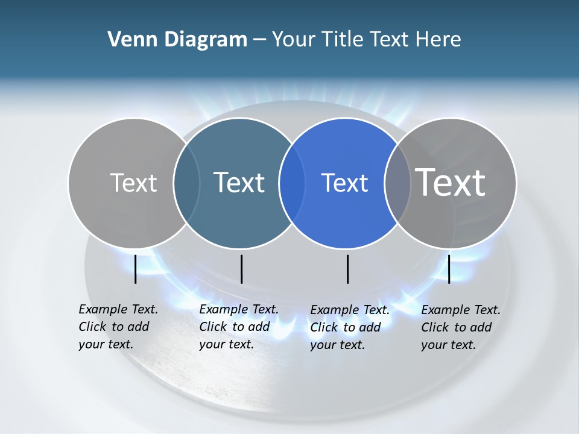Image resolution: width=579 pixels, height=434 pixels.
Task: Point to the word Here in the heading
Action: [x=438, y=40]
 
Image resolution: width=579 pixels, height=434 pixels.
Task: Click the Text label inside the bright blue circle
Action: [x=345, y=183]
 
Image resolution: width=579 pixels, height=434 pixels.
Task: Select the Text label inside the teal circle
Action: [x=239, y=183]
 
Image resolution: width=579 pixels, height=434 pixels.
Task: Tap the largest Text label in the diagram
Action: [x=451, y=182]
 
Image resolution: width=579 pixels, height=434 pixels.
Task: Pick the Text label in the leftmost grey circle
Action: [x=134, y=183]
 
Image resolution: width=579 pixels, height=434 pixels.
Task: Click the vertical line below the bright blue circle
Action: [x=348, y=269]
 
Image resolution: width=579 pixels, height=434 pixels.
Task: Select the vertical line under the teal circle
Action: [x=241, y=269]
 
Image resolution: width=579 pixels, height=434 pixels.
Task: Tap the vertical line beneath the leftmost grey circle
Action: [x=135, y=269]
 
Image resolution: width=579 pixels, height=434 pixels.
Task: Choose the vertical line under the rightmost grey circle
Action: [x=449, y=269]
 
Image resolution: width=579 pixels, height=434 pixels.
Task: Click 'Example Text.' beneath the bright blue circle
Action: [x=350, y=310]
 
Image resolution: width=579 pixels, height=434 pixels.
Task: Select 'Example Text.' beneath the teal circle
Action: [x=239, y=309]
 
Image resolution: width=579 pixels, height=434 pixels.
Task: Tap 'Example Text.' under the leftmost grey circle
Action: [x=118, y=309]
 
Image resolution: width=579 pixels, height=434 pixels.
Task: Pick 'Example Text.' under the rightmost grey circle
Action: [x=461, y=310]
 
